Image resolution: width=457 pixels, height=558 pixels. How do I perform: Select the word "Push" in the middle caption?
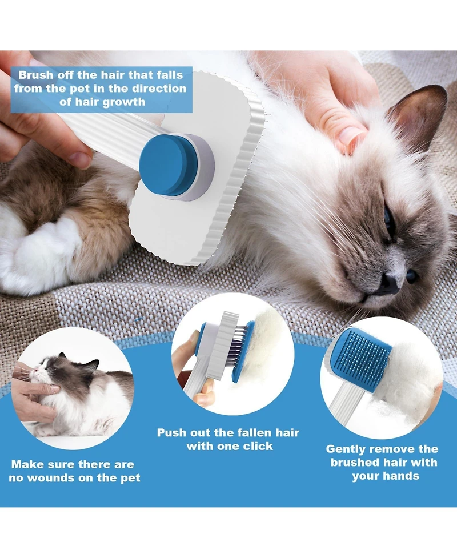171,433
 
